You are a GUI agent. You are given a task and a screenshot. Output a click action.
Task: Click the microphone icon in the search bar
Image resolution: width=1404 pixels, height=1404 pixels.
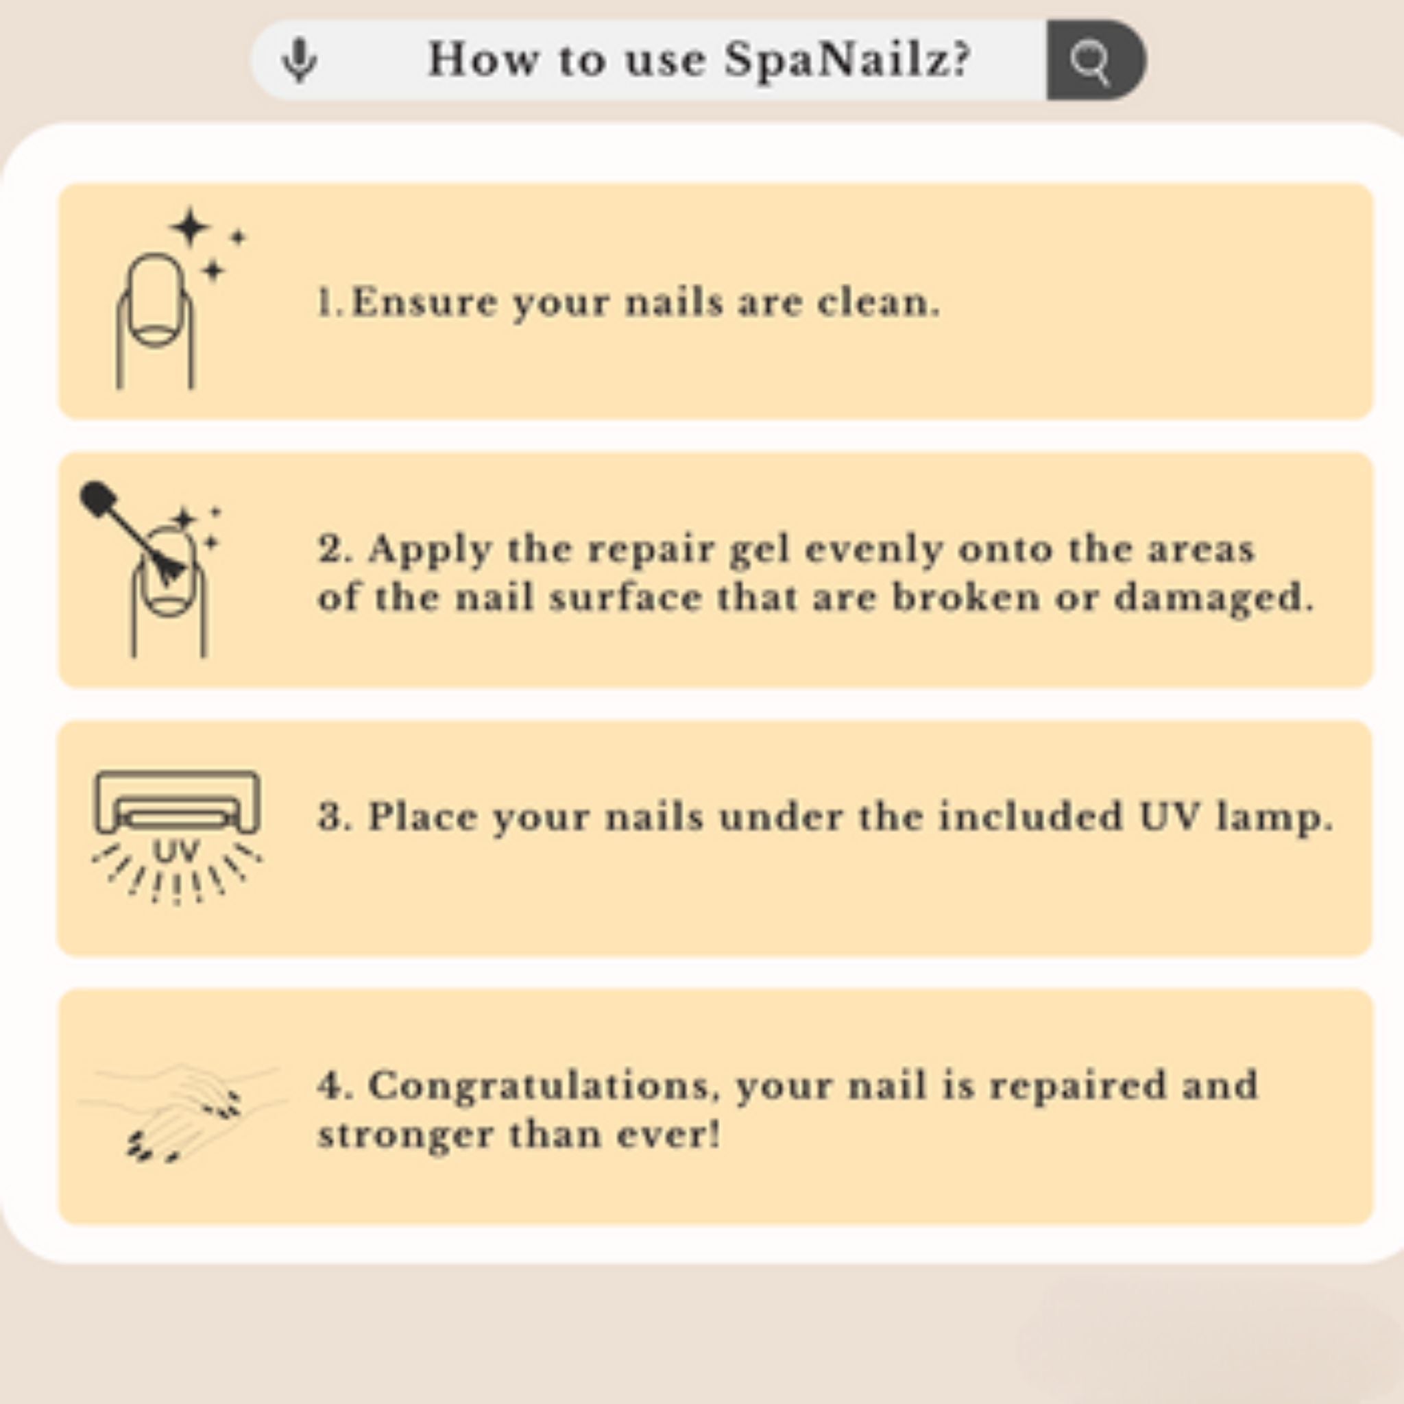(x=300, y=60)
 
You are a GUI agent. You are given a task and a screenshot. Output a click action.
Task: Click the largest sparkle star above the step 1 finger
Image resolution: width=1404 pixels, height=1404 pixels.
(x=191, y=227)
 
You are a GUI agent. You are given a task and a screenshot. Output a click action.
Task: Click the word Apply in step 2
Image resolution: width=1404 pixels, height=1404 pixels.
(x=429, y=550)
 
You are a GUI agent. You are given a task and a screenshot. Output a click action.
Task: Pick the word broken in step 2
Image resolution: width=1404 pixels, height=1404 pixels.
(x=965, y=598)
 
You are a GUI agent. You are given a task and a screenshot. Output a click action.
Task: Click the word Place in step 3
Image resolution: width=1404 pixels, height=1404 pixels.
(x=422, y=816)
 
